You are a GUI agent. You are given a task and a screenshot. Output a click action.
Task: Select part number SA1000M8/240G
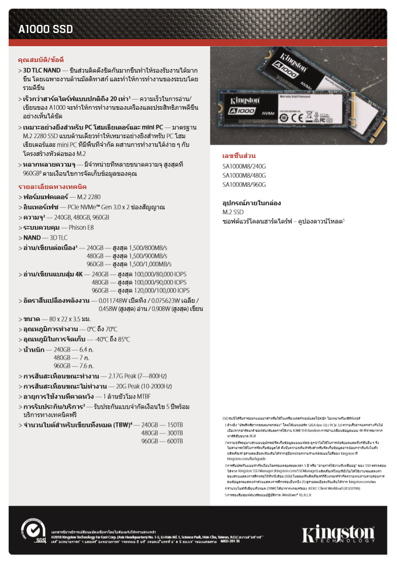pos(244,166)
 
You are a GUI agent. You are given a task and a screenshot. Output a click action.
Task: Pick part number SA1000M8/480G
pos(244,175)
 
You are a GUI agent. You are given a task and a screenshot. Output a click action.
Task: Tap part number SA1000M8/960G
pos(244,184)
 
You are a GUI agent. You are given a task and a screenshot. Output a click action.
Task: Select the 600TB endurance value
pos(175,442)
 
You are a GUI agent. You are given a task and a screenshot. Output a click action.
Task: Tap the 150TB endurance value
pos(175,424)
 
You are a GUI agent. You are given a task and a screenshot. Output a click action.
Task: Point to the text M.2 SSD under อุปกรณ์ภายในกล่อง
pos(233,212)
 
